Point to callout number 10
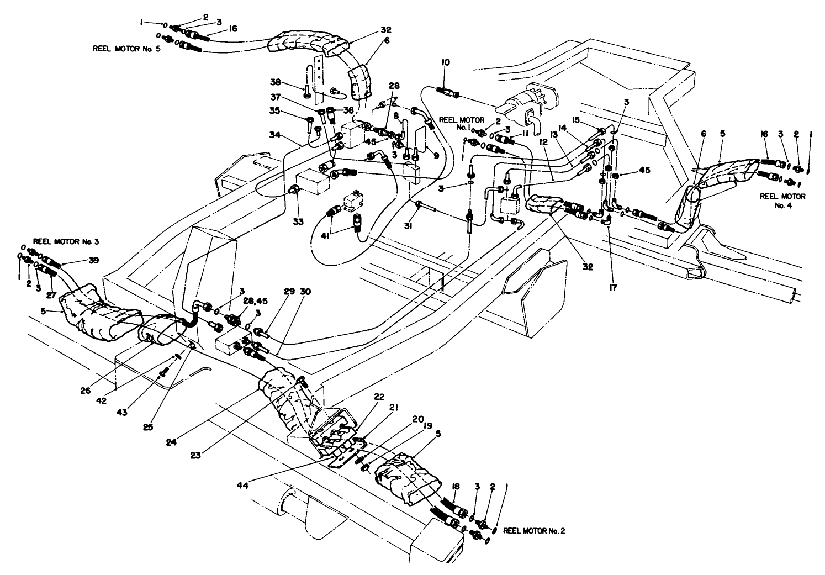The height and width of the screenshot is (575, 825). coord(444,64)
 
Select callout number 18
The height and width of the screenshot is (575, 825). coord(457,486)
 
